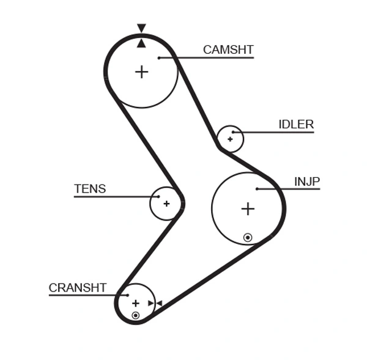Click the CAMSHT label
(x=228, y=50)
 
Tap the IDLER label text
(x=296, y=125)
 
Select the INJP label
(x=307, y=182)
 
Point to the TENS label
(x=90, y=189)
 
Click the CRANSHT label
(x=78, y=287)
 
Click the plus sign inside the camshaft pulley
(x=141, y=72)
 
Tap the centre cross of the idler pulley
(x=230, y=139)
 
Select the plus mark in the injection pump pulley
(x=247, y=209)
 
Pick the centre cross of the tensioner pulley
(x=166, y=204)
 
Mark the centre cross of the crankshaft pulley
(x=136, y=303)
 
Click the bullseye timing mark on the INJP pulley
(x=248, y=237)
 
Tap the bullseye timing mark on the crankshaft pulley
(x=135, y=315)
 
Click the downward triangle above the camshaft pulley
(x=141, y=28)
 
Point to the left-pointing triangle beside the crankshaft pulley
(x=158, y=303)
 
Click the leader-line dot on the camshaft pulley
(x=158, y=58)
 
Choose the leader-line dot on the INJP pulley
(x=258, y=189)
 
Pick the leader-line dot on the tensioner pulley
(x=158, y=197)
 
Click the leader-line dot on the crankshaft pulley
(x=128, y=295)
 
